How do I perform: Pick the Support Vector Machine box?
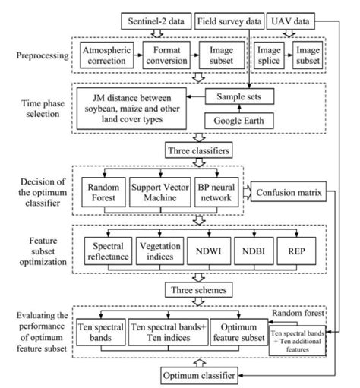(x=160, y=195)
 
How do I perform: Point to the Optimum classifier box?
(x=200, y=375)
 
